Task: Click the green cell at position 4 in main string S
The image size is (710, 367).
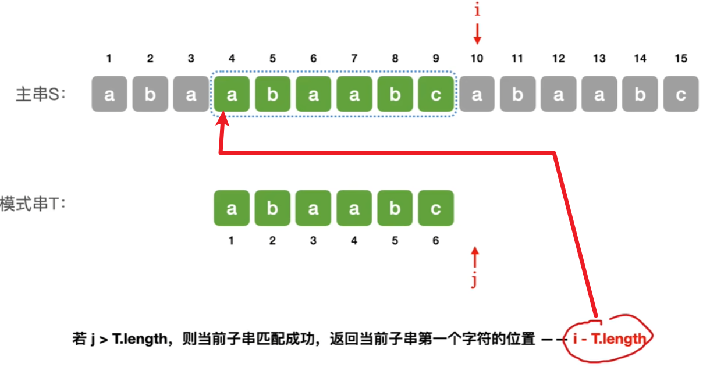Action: [x=232, y=95]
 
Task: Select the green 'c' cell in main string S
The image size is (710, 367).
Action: [x=435, y=95]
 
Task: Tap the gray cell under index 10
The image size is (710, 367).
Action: [x=477, y=95]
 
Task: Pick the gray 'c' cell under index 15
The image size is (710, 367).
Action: [x=680, y=95]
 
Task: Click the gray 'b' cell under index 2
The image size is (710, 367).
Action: [x=150, y=95]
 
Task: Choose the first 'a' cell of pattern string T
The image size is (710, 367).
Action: [x=232, y=208]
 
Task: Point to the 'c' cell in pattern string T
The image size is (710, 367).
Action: [x=435, y=208]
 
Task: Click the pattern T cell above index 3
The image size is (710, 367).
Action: [x=313, y=208]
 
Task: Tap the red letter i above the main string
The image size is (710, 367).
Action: [x=477, y=10]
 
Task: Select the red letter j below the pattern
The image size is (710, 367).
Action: [x=474, y=282]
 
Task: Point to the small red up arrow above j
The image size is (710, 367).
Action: [x=475, y=257]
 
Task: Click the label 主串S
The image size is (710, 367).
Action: [x=41, y=95]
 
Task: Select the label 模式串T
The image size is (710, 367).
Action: [x=32, y=205]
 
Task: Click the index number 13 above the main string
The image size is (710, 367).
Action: [x=599, y=59]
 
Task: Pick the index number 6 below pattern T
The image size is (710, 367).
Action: [x=435, y=241]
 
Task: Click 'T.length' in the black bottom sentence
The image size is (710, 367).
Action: [x=136, y=340]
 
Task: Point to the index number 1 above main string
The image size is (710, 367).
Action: [x=109, y=59]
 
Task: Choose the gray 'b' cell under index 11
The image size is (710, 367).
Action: [x=517, y=95]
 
